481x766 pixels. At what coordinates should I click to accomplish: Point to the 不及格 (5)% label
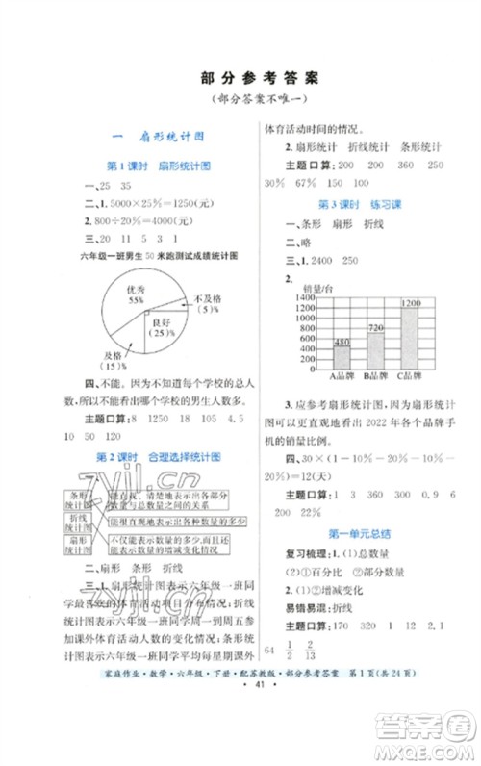(x=205, y=304)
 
